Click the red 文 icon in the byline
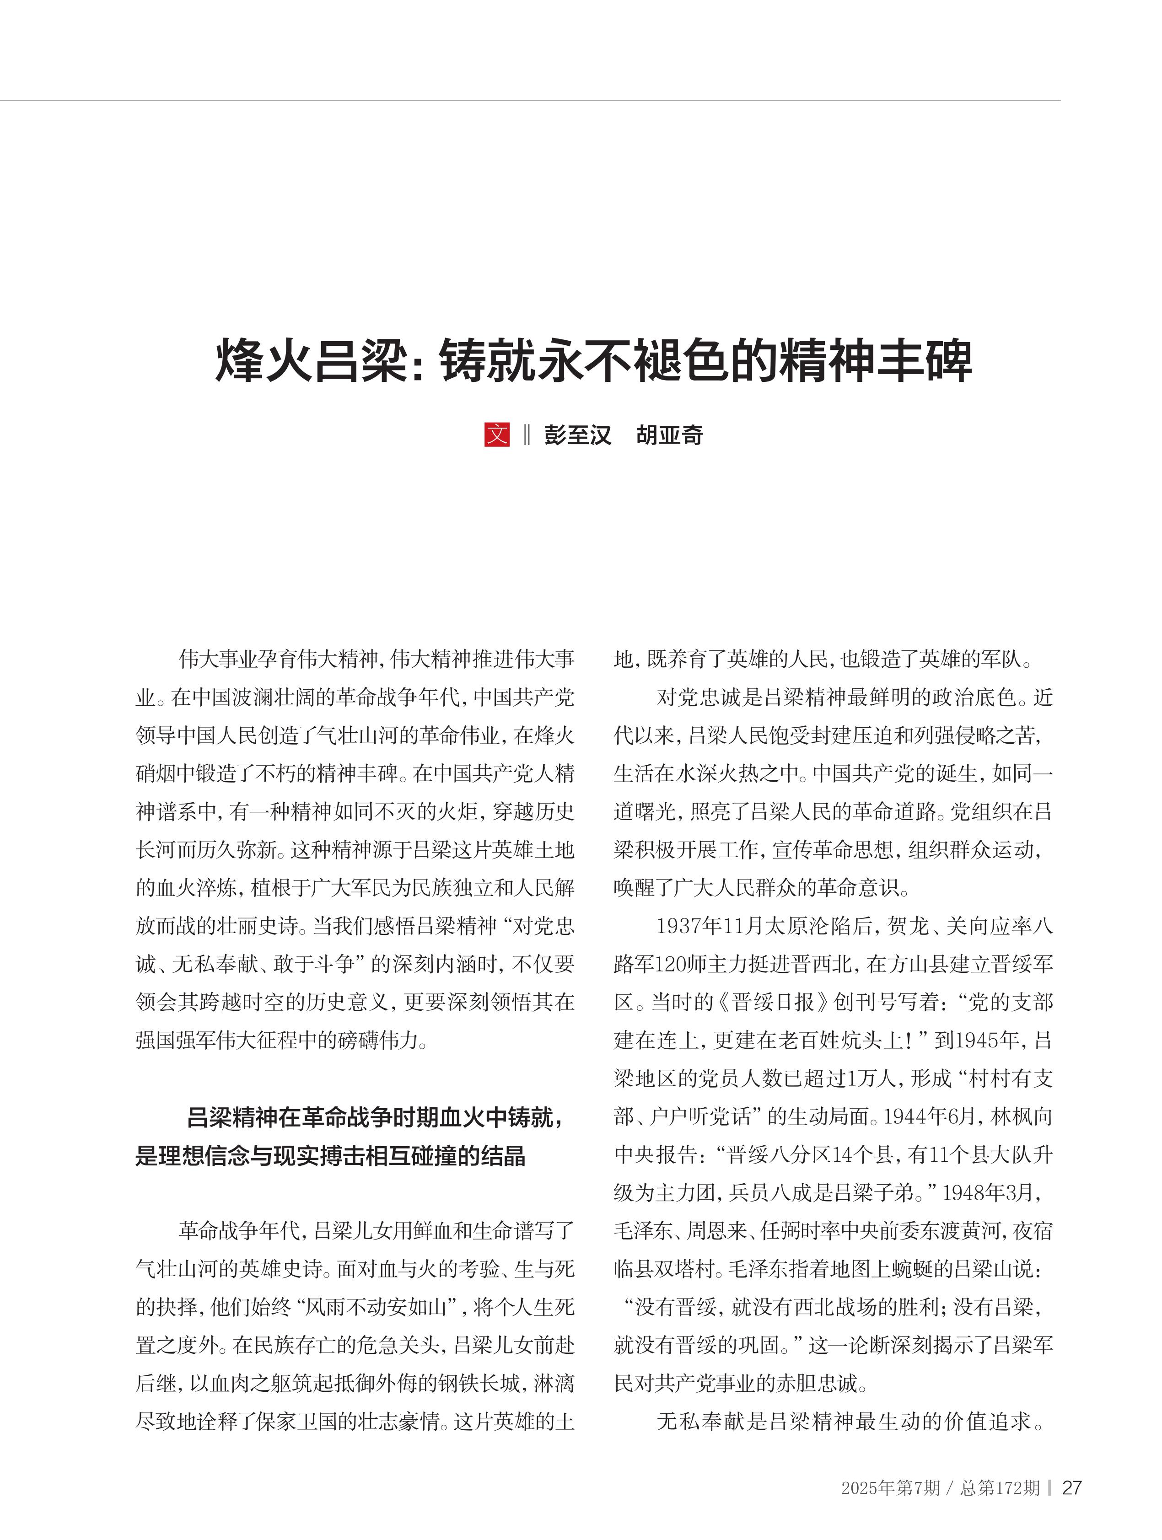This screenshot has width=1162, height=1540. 496,435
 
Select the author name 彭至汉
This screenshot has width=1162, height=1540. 577,435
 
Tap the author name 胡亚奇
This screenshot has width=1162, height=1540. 669,435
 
